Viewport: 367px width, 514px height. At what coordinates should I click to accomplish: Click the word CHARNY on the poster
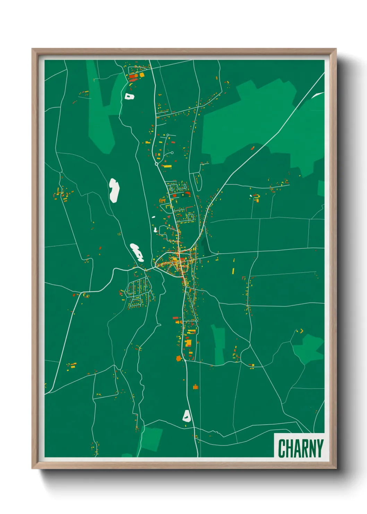click(x=300, y=448)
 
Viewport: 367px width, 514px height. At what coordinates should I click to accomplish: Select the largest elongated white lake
click(x=114, y=190)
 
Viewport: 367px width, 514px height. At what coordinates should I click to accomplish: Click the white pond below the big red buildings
click(x=129, y=96)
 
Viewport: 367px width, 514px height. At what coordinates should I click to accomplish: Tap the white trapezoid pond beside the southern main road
click(x=187, y=416)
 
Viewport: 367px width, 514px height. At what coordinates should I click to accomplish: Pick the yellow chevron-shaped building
click(x=301, y=331)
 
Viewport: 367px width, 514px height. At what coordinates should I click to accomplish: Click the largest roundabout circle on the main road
click(x=156, y=164)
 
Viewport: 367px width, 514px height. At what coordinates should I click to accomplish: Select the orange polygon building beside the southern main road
click(x=179, y=358)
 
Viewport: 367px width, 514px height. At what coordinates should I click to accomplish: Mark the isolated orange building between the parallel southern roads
click(x=196, y=387)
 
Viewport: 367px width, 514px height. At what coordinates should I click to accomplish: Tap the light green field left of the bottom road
click(x=151, y=439)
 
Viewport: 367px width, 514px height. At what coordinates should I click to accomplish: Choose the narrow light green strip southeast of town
click(x=219, y=344)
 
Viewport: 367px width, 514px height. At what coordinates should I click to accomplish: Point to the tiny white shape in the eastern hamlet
click(x=250, y=196)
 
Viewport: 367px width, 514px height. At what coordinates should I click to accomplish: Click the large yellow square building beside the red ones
click(x=142, y=75)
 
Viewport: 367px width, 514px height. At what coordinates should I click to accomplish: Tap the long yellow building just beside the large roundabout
click(x=168, y=166)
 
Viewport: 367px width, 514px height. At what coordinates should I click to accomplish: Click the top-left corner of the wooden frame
click(x=33, y=49)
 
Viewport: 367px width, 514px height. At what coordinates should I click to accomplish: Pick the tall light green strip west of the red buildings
click(x=101, y=111)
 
